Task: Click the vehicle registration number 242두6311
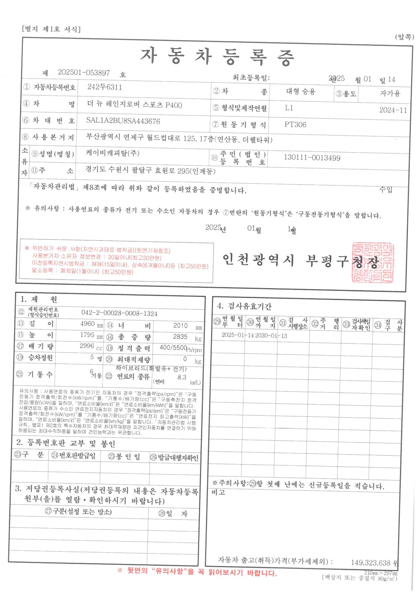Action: click(x=104, y=87)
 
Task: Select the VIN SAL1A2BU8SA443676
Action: click(x=123, y=121)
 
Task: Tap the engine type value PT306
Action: click(x=295, y=124)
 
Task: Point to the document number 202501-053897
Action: click(x=84, y=72)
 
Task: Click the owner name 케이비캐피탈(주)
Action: click(x=113, y=153)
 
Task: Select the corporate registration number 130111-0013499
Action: click(x=312, y=158)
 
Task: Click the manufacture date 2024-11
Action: click(x=393, y=110)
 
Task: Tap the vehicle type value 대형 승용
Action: click(x=300, y=91)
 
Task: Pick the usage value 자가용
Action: click(x=390, y=93)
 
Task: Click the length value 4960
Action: click(x=87, y=324)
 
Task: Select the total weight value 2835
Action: click(x=180, y=337)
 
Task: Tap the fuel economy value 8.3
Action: click(x=182, y=377)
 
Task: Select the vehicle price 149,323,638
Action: click(x=370, y=562)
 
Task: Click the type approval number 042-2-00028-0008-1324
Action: click(x=119, y=313)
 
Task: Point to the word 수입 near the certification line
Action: click(x=386, y=189)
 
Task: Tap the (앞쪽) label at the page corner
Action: click(x=404, y=37)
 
